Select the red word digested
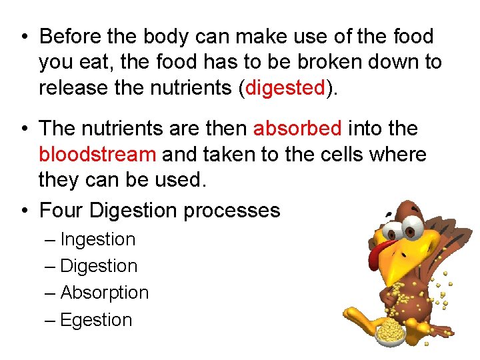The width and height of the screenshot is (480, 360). tap(285, 87)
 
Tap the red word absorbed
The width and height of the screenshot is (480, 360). tap(297, 127)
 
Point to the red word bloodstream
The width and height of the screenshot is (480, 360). tap(97, 154)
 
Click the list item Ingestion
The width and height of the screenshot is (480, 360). tap(97, 239)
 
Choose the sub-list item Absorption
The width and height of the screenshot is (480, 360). tap(104, 293)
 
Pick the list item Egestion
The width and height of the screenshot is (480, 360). tap(96, 320)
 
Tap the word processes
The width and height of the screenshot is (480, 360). tap(232, 211)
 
